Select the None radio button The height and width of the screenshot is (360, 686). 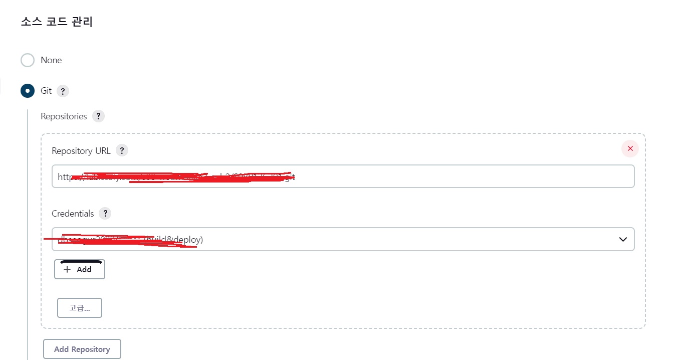pos(28,60)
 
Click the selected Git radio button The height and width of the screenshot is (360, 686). pos(28,91)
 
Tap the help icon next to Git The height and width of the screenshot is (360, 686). pos(63,91)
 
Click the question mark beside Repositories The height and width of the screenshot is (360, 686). pos(98,116)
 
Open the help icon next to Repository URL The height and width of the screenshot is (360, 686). pos(122,150)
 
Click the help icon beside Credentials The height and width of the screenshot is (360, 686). pos(105,214)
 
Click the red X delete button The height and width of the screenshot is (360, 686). pos(630,148)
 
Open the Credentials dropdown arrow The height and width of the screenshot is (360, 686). pos(623,240)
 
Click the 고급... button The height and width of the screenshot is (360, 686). pos(80,308)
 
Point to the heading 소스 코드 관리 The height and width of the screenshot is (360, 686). pos(57,22)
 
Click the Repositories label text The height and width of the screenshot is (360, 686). pos(64,116)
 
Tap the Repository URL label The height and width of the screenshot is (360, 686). pos(81,151)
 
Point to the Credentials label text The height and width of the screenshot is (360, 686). pos(73,214)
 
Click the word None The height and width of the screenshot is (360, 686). pos(51,60)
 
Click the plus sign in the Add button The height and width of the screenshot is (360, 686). pos(68,269)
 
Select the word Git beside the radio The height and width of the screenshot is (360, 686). pos(46,91)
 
